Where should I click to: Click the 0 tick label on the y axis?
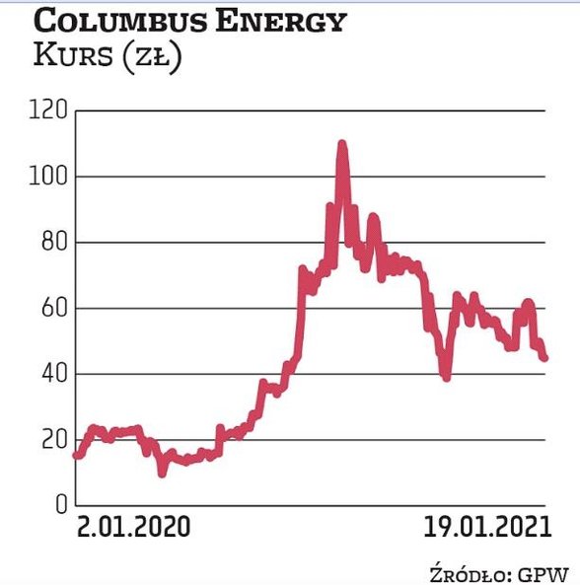click(x=58, y=505)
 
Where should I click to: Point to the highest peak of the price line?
click(x=342, y=144)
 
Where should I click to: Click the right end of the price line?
click(x=544, y=358)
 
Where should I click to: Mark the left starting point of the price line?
click(x=76, y=456)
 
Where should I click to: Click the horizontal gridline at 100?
click(x=197, y=177)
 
